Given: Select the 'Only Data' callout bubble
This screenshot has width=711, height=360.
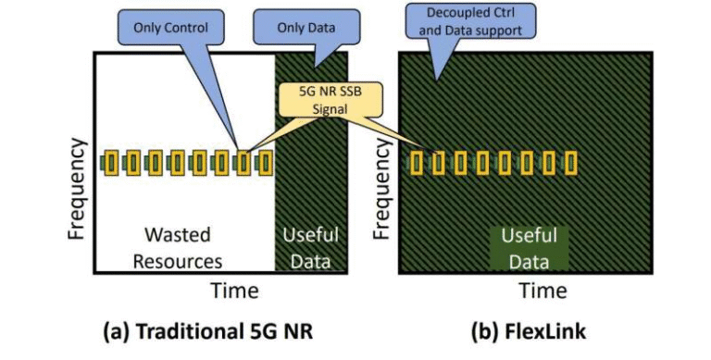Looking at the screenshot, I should coord(305,28).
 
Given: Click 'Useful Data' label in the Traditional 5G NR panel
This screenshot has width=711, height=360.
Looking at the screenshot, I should coord(312,247).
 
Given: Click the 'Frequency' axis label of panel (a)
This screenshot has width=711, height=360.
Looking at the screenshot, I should coord(78,189).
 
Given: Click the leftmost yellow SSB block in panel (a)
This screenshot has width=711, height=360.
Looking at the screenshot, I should coord(111,164).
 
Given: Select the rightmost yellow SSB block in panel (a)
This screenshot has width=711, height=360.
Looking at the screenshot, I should coord(265,164).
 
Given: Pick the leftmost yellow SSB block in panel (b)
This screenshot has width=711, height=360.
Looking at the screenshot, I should coord(417,164).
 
